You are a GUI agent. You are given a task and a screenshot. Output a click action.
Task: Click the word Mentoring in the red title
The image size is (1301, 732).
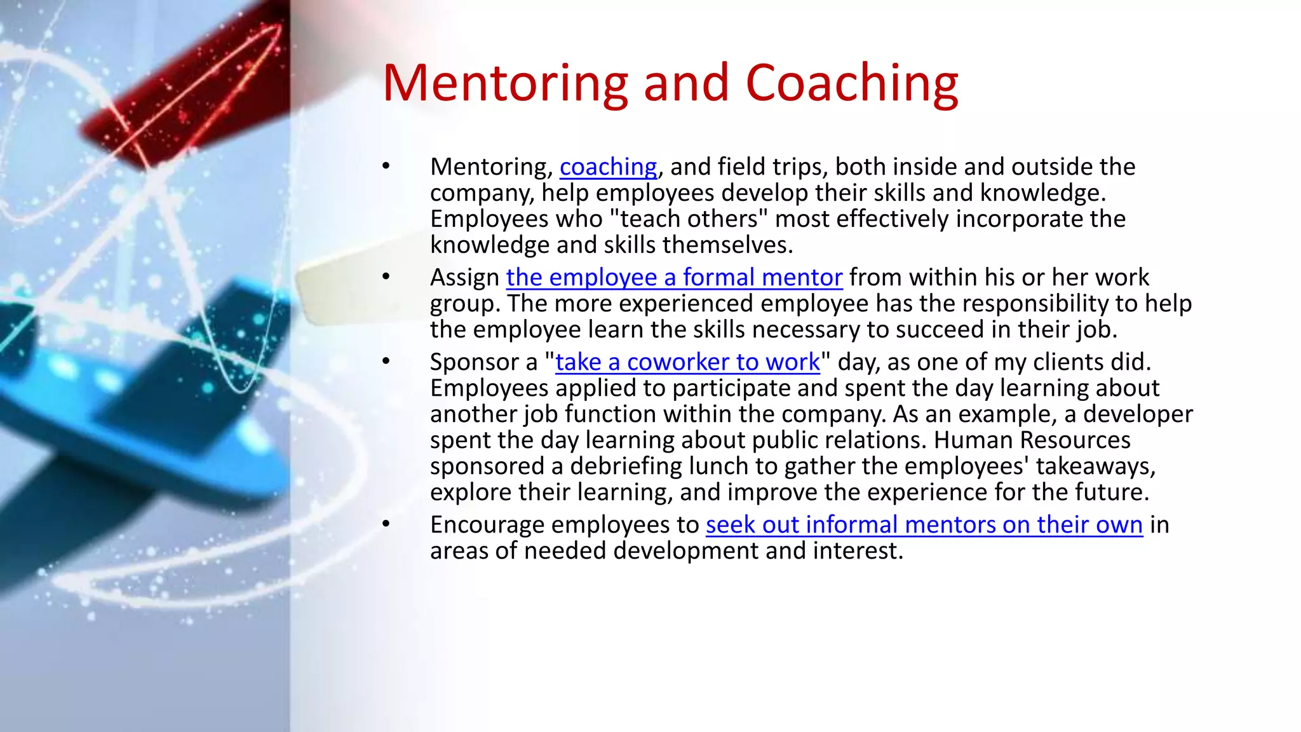pyautogui.click(x=505, y=83)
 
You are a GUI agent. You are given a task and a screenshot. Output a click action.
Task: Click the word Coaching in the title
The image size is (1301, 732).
pyautogui.click(x=851, y=83)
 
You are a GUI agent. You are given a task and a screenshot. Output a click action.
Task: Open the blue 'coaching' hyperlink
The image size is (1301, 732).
pyautogui.click(x=608, y=167)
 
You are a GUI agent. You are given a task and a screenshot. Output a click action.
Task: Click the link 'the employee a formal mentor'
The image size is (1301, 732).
pyautogui.click(x=674, y=278)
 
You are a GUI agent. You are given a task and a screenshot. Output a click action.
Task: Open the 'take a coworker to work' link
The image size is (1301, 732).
pyautogui.click(x=687, y=362)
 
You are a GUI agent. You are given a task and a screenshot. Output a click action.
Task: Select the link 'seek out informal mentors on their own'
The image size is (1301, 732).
pyautogui.click(x=924, y=525)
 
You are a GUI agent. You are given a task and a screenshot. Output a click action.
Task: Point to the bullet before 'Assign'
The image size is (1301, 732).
pyautogui.click(x=386, y=277)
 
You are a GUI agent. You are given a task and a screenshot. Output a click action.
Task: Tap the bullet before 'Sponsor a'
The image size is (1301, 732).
pyautogui.click(x=386, y=362)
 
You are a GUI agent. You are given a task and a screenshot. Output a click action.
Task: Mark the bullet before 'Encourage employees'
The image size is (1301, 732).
pyautogui.click(x=386, y=524)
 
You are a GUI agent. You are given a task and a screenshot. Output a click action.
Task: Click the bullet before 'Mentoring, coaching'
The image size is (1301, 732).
pyautogui.click(x=386, y=166)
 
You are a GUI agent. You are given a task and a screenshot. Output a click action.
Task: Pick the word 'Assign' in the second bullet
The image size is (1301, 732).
pyautogui.click(x=464, y=278)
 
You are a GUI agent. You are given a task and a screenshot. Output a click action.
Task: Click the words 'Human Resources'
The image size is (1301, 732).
pyautogui.click(x=1032, y=440)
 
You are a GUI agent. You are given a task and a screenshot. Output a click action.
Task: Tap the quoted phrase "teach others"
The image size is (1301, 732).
pyautogui.click(x=689, y=219)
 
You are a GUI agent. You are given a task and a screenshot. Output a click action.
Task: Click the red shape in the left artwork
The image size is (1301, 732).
pyautogui.click(x=184, y=102)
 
